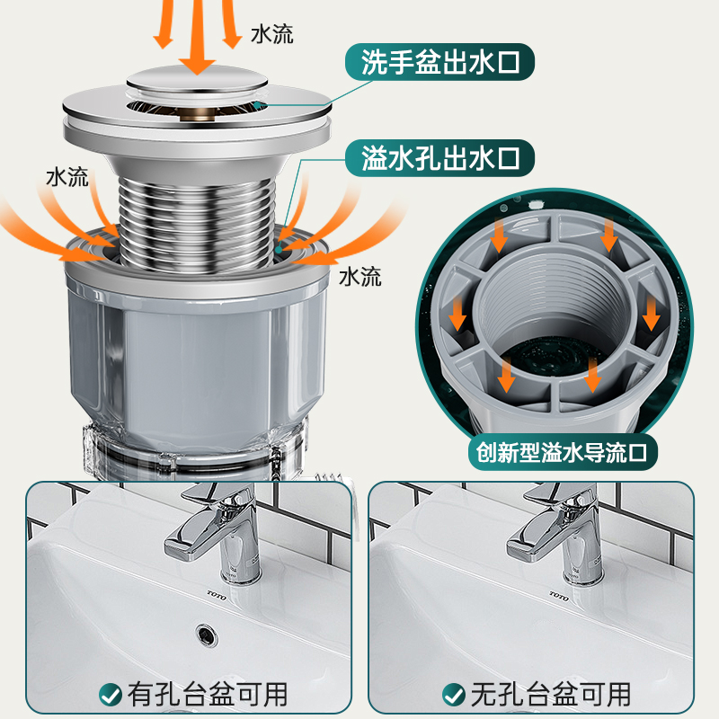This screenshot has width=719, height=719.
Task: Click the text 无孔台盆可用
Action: tap(549, 693)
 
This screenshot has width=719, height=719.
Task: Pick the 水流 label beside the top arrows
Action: tap(271, 34)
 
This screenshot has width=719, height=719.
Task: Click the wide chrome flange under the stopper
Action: tap(197, 117)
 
